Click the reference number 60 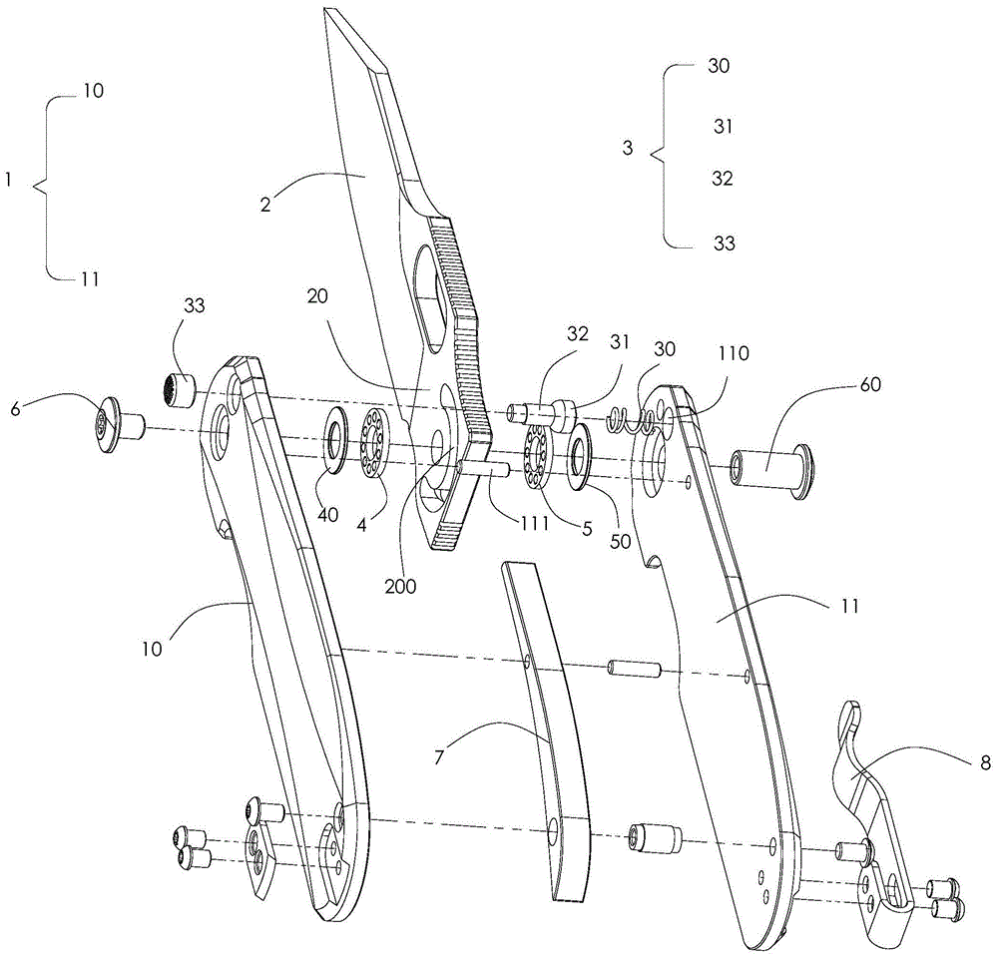tap(870, 384)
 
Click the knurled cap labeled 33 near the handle tap(178, 389)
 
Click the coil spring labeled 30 tap(632, 421)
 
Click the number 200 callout tap(400, 585)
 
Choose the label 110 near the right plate tap(734, 352)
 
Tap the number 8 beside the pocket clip tap(985, 761)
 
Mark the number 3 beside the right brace tap(628, 149)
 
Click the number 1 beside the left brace tap(8, 180)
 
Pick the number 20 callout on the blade tap(317, 296)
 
